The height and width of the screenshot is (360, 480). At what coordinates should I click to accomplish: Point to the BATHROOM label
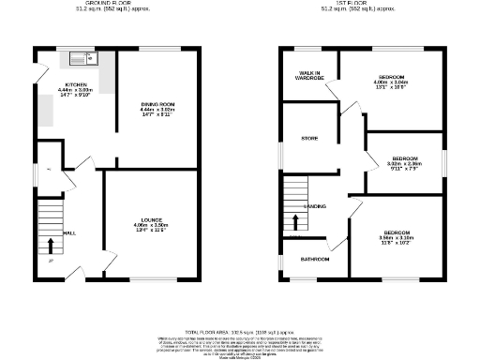[x=314, y=258]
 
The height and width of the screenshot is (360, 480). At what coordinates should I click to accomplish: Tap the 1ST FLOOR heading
[x=347, y=5]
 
